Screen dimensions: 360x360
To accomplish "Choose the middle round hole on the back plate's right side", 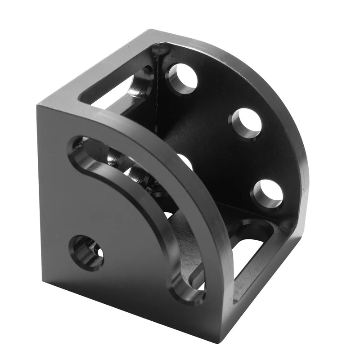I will (x=247, y=123).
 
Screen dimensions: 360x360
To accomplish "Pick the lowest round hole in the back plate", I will (x=268, y=194).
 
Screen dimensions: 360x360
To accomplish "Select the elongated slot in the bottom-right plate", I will (x=252, y=252).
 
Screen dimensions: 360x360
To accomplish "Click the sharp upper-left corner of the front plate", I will (x=38, y=106).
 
